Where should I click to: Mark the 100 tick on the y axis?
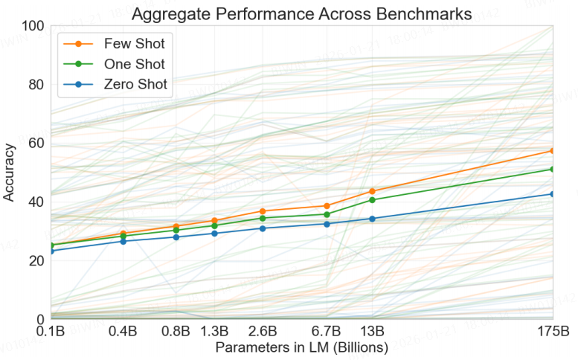click(33, 26)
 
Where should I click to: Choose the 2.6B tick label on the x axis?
click(263, 330)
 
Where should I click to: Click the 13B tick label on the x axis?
click(372, 330)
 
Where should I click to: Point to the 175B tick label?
click(552, 330)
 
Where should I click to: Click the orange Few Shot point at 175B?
click(552, 151)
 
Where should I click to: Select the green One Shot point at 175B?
click(552, 169)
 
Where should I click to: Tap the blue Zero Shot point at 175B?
click(552, 194)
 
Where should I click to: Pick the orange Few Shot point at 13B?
click(372, 191)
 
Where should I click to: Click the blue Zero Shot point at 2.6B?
click(263, 228)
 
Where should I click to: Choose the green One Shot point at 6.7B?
click(327, 214)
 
